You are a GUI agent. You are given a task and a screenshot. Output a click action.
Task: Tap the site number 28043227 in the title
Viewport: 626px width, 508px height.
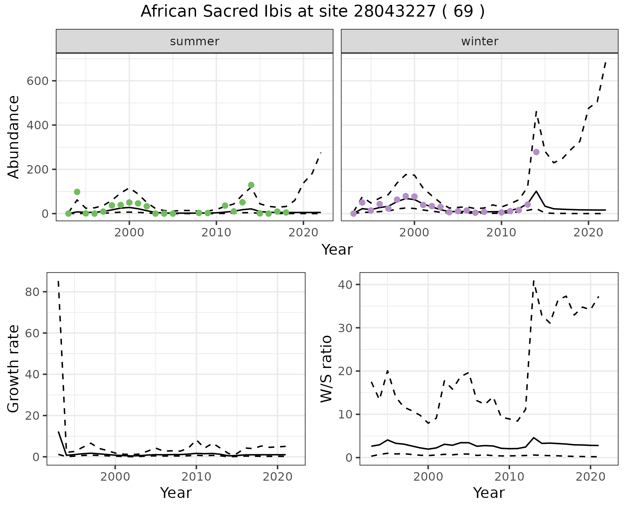point(394,12)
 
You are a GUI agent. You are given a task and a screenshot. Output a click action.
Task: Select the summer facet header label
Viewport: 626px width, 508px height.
point(195,41)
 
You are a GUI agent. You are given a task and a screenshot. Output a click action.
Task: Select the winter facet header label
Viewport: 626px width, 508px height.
point(480,41)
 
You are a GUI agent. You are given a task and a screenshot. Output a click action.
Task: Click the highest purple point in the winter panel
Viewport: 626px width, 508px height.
point(536,152)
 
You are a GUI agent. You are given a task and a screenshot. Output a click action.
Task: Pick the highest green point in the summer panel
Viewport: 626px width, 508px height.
point(251,185)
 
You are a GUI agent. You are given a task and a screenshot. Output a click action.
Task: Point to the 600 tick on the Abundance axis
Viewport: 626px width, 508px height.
point(37,81)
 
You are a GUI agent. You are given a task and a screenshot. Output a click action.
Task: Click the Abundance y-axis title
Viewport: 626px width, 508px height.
point(14,137)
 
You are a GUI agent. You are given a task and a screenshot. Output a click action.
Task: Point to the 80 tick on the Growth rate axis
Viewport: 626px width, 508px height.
point(32,292)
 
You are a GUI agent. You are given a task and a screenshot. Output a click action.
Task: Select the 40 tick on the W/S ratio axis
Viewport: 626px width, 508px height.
point(345,285)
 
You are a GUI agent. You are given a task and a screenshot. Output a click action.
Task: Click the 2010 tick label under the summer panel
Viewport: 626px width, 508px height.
point(216,233)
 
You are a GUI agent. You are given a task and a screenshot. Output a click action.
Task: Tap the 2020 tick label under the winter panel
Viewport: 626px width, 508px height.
point(588,233)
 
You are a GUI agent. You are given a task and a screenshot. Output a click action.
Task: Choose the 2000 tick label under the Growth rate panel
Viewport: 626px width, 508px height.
point(115,477)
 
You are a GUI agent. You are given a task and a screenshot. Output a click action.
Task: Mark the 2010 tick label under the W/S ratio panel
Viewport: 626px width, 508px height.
point(509,477)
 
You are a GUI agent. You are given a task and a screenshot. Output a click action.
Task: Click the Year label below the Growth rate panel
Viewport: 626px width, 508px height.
point(176,493)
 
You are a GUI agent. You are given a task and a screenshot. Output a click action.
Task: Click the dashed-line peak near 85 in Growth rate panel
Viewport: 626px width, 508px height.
point(58,281)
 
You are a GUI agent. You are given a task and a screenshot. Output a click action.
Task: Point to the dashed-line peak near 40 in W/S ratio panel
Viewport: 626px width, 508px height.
point(533,280)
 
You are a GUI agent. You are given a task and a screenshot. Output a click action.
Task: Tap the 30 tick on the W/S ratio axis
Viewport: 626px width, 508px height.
point(345,328)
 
